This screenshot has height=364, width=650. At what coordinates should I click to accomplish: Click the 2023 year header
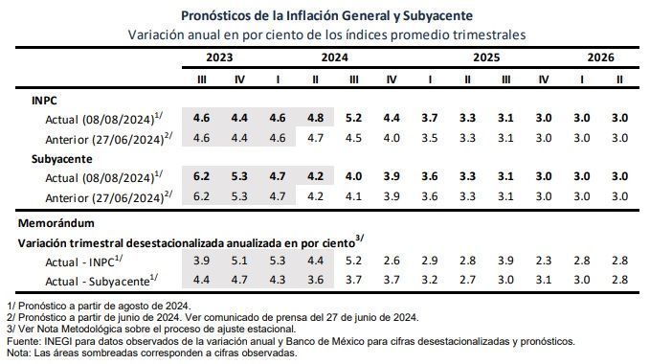(219, 57)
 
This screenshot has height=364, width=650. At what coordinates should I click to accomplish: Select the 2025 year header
(486, 57)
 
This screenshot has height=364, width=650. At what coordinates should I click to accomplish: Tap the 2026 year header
(600, 57)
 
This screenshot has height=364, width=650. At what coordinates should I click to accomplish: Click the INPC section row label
(44, 101)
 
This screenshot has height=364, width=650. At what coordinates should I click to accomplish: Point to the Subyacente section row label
(62, 159)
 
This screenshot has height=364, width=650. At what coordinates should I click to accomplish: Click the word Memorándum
(56, 223)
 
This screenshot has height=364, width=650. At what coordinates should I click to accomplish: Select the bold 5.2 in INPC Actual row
(353, 118)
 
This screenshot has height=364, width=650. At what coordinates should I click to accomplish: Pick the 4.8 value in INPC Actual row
(315, 118)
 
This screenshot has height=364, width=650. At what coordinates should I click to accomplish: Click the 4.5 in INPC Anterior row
(353, 138)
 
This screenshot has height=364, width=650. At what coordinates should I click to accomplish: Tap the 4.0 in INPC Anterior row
(392, 138)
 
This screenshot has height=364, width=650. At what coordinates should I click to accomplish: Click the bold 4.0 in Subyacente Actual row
(353, 176)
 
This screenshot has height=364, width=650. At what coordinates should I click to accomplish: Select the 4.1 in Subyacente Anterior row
(353, 196)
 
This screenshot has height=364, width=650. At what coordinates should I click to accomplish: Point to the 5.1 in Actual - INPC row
(239, 261)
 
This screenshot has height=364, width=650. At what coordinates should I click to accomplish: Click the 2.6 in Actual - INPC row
(392, 261)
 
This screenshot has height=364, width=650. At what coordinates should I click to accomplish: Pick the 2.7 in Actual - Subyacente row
(467, 280)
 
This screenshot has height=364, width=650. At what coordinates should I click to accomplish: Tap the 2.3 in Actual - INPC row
(543, 261)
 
